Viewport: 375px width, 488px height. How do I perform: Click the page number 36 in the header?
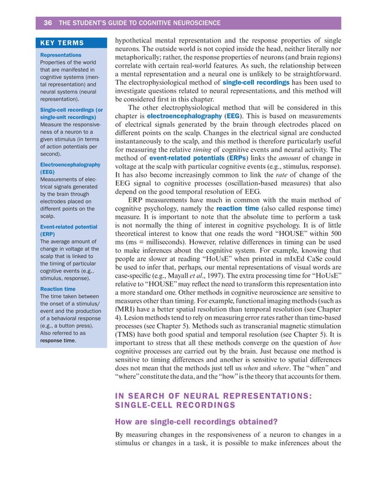(48, 23)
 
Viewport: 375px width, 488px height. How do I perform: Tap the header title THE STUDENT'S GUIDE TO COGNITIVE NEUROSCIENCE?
(140, 23)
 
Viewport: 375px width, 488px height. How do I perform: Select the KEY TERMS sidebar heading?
(61, 43)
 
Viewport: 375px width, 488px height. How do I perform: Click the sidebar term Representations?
(60, 55)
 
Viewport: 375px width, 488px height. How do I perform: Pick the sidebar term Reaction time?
(57, 289)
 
